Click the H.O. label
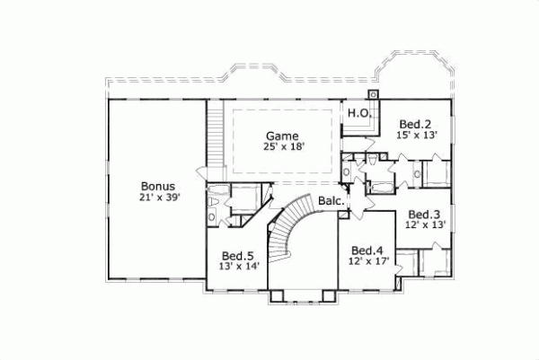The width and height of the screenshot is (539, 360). pyautogui.click(x=359, y=113)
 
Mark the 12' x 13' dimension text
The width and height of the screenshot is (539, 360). pyautogui.click(x=424, y=226)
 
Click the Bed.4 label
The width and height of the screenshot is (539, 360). pyautogui.click(x=367, y=250)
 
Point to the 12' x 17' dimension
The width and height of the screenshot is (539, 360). pyautogui.click(x=367, y=262)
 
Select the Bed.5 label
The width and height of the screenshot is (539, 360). pyautogui.click(x=238, y=255)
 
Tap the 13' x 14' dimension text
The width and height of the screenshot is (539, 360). pyautogui.click(x=238, y=267)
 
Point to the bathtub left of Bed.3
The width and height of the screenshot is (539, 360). pyautogui.click(x=382, y=188)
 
